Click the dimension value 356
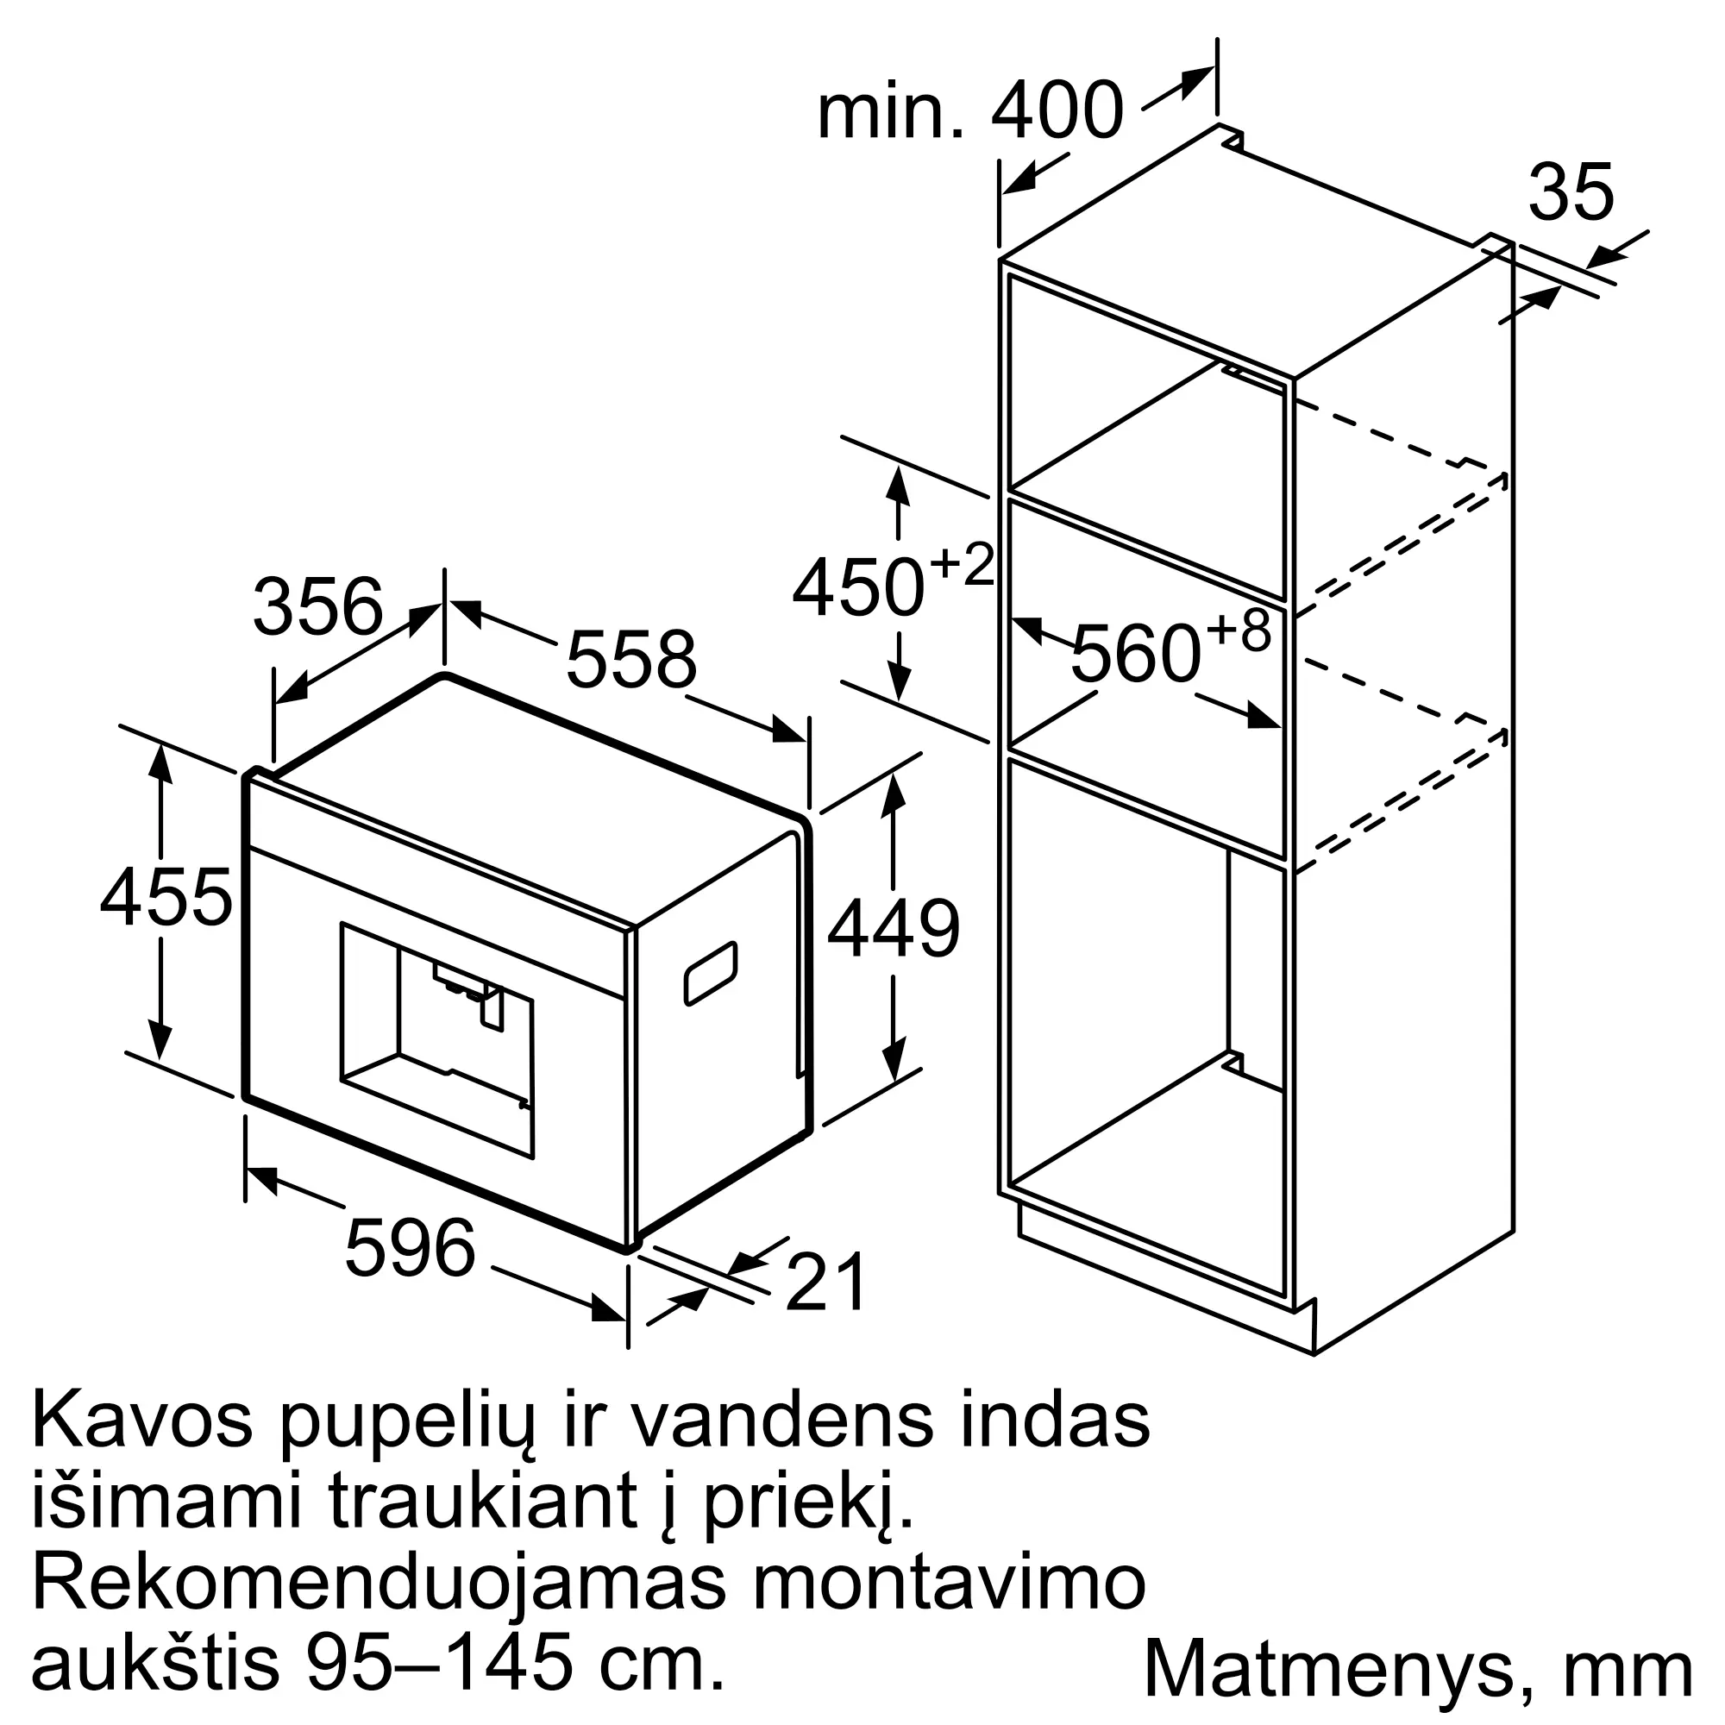(x=318, y=607)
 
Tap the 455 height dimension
(x=166, y=896)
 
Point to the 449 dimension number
(x=893, y=930)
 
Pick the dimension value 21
(x=826, y=1283)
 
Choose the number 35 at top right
(x=1571, y=193)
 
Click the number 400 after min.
(x=1057, y=111)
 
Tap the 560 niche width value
(x=1136, y=655)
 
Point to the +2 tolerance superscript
(x=963, y=564)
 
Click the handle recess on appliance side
(x=711, y=973)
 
